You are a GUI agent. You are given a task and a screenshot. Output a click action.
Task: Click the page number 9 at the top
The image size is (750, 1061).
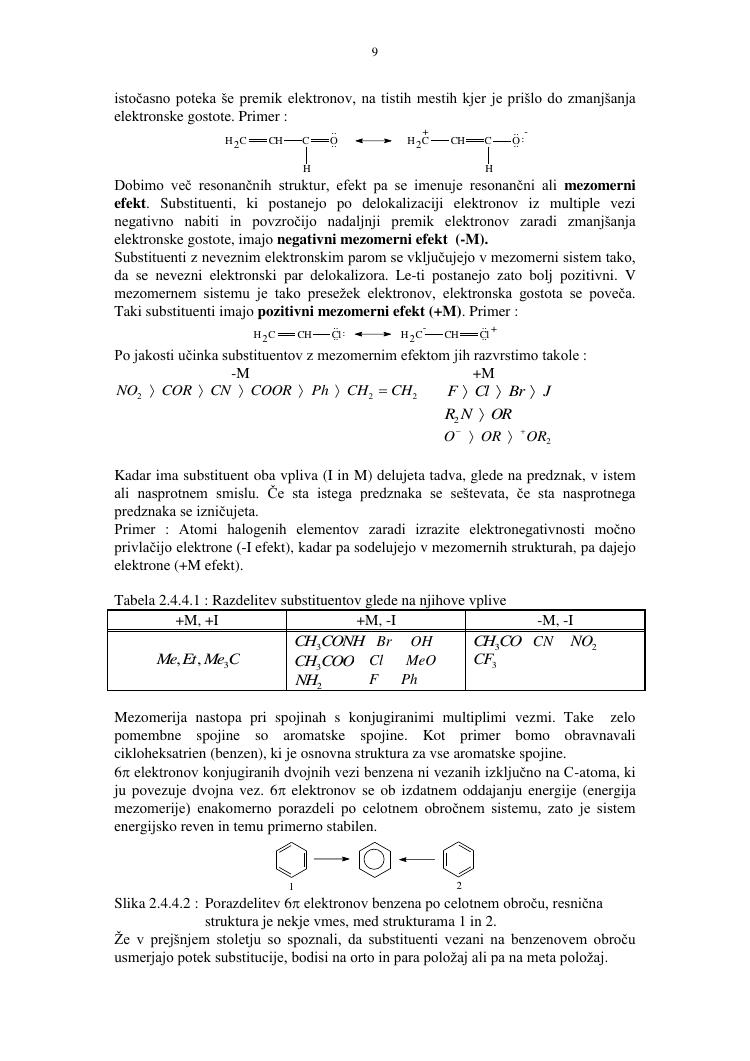click(374, 52)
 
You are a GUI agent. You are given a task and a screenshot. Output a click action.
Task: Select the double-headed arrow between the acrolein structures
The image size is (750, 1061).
click(373, 141)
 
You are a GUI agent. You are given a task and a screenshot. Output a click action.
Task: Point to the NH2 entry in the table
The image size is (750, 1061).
click(307, 680)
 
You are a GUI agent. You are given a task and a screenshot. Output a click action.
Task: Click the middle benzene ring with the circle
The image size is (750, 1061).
click(374, 857)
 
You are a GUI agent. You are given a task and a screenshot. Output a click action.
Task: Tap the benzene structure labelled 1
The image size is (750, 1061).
click(291, 857)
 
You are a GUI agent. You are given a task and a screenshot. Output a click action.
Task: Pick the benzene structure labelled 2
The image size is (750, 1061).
click(458, 857)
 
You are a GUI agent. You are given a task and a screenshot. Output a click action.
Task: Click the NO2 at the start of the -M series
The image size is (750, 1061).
click(129, 391)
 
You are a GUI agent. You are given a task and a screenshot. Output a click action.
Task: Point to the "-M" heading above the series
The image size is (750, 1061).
click(241, 373)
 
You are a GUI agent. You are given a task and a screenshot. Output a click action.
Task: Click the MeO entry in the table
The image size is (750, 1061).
click(421, 660)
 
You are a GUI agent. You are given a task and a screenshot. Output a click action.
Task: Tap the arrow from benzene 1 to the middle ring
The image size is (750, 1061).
click(332, 857)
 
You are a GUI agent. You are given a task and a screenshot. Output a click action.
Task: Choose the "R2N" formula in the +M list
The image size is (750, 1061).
click(457, 414)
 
